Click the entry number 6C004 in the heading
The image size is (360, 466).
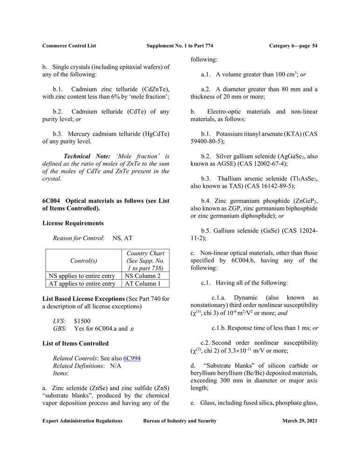52,201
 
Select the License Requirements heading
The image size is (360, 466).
73,224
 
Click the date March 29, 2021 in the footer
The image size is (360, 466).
299,421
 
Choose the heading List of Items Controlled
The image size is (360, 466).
75,343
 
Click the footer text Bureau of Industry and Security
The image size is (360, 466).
180,421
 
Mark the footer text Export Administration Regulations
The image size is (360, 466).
82,421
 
